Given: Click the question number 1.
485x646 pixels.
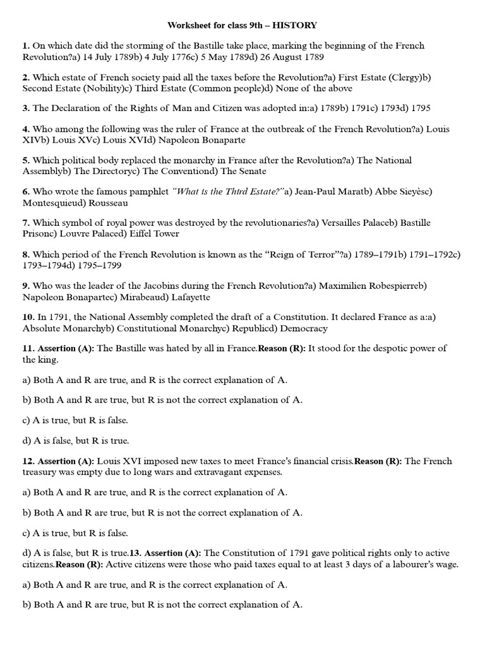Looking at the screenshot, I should click(x=25, y=46).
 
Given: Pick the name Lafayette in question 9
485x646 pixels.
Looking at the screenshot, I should click(x=187, y=297).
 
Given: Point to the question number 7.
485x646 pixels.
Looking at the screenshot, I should click(x=25, y=223).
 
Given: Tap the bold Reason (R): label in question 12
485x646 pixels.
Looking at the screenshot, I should click(x=378, y=461).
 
